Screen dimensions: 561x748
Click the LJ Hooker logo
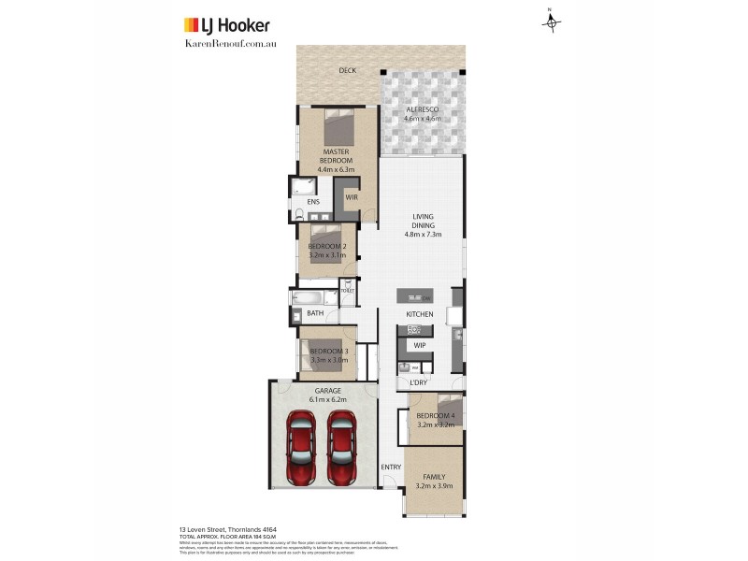(x=225, y=25)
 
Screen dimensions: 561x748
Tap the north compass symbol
(x=551, y=21)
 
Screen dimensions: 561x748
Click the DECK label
(x=348, y=70)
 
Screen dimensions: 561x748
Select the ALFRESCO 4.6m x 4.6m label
(x=422, y=115)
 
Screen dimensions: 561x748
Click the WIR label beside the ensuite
(x=352, y=197)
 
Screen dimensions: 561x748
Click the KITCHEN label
(x=419, y=314)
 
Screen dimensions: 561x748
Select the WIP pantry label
(x=419, y=345)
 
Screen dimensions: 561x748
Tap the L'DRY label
(x=419, y=383)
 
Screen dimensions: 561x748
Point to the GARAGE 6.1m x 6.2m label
(x=327, y=395)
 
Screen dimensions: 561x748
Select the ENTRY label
(x=390, y=467)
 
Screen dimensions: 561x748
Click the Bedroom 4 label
(x=435, y=420)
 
